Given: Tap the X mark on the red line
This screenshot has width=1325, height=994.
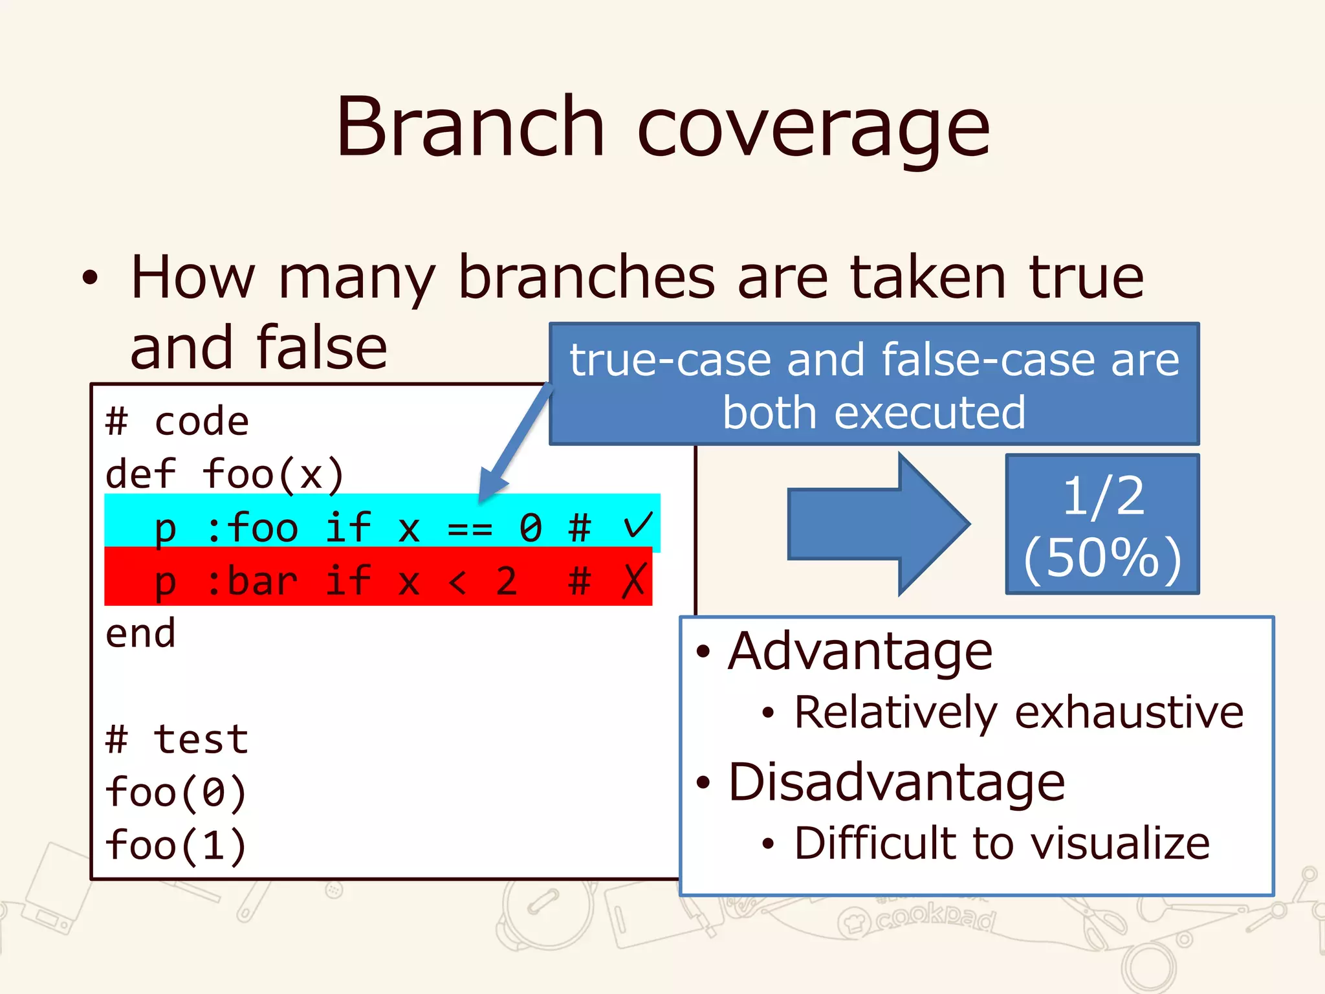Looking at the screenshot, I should click(x=633, y=580).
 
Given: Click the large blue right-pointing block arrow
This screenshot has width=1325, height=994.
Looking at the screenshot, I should click(x=879, y=524).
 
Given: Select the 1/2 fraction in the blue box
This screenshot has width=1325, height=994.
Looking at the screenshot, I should click(x=1103, y=496).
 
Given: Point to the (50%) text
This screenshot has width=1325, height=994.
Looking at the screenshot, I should click(x=1102, y=558).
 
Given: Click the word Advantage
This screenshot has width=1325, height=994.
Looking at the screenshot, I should click(x=860, y=652).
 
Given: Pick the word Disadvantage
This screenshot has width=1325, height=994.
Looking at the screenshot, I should click(x=896, y=783).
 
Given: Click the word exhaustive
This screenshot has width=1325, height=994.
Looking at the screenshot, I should click(x=1129, y=712).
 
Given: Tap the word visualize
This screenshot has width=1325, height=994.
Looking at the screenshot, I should click(x=1120, y=843).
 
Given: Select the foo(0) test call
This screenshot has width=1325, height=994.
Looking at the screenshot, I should click(x=175, y=793).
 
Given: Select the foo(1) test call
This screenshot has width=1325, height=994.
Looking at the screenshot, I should click(x=175, y=846).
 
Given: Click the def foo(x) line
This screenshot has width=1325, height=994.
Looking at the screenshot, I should click(x=224, y=474).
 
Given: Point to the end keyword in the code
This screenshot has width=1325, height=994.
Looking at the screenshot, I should click(x=140, y=634).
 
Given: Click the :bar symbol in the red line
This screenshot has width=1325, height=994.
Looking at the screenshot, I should click(x=252, y=580).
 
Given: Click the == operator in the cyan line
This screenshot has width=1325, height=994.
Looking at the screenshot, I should click(x=470, y=529).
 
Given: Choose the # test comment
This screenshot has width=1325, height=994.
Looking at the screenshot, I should click(x=177, y=740).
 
